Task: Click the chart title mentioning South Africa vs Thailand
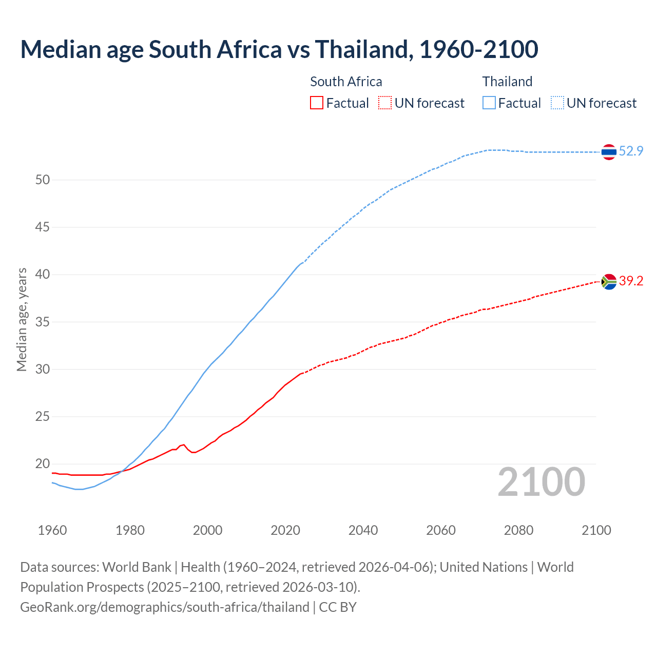click(279, 49)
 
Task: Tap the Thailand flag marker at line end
click(609, 151)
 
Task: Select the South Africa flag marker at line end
click(609, 281)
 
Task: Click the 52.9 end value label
click(631, 151)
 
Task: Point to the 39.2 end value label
click(631, 281)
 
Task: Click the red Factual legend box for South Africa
click(317, 103)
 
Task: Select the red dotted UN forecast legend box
click(385, 103)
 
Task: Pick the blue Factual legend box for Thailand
click(489, 103)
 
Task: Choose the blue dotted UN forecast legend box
click(557, 103)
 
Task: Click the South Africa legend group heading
click(346, 82)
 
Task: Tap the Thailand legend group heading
click(507, 82)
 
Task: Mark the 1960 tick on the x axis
click(52, 530)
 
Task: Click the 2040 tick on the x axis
click(363, 530)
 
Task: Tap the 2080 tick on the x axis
click(518, 530)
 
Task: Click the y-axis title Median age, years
click(22, 319)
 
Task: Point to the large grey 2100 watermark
click(542, 481)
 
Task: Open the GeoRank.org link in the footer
click(164, 607)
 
